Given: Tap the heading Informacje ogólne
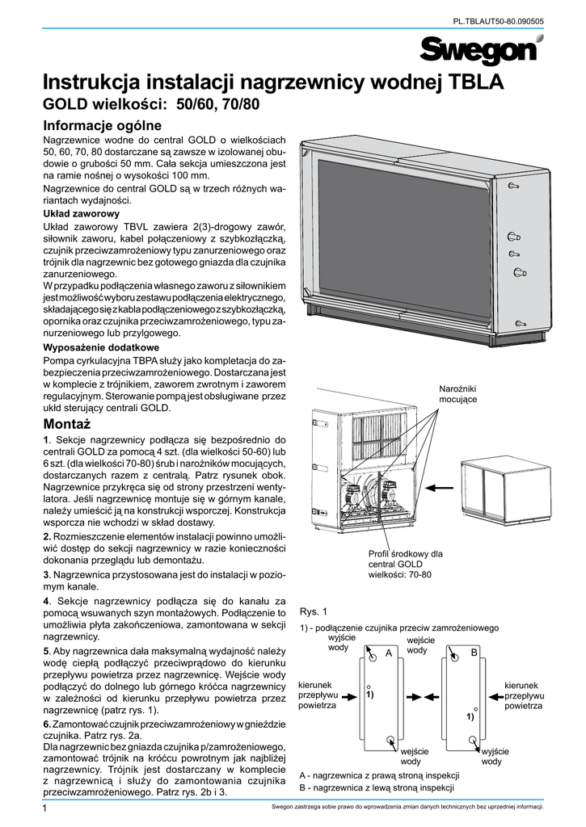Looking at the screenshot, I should pos(103,125).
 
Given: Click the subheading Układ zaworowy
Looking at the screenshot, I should pos(81,214).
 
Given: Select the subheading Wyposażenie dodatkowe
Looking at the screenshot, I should pos(101,346).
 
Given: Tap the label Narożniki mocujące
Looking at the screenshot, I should pos(457,395).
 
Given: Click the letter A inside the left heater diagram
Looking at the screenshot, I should pos(388,652).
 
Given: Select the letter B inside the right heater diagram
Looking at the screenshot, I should pos(474,652).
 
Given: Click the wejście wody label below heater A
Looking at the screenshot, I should pos(415,757).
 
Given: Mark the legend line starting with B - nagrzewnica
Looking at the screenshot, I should pos(376,787).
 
